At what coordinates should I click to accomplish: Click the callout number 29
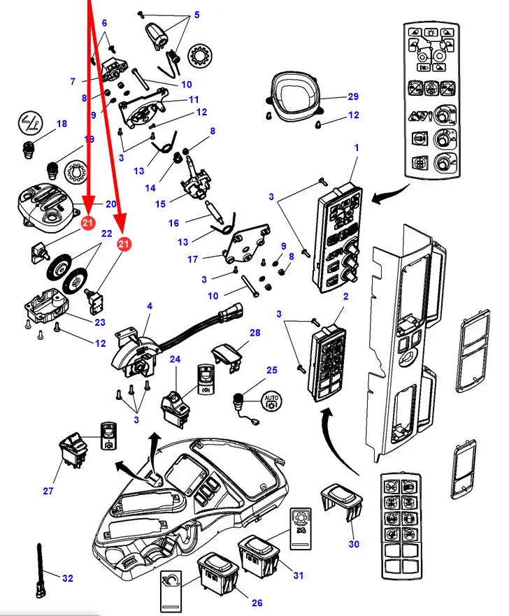tap(353, 96)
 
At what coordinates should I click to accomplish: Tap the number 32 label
tap(68, 578)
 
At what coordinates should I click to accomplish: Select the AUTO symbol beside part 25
tap(271, 401)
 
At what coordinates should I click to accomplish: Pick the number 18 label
tap(62, 124)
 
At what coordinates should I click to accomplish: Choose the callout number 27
tap(48, 491)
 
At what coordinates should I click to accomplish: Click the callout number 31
tap(299, 575)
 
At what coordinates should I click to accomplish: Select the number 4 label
tap(149, 306)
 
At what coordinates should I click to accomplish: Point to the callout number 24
tap(175, 359)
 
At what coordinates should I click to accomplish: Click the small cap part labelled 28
tap(224, 352)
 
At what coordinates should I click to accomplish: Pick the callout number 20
tap(111, 204)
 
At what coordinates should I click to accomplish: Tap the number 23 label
tap(101, 322)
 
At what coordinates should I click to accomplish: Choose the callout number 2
tap(344, 296)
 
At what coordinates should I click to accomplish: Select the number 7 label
tap(73, 82)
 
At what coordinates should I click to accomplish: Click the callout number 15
tap(160, 203)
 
